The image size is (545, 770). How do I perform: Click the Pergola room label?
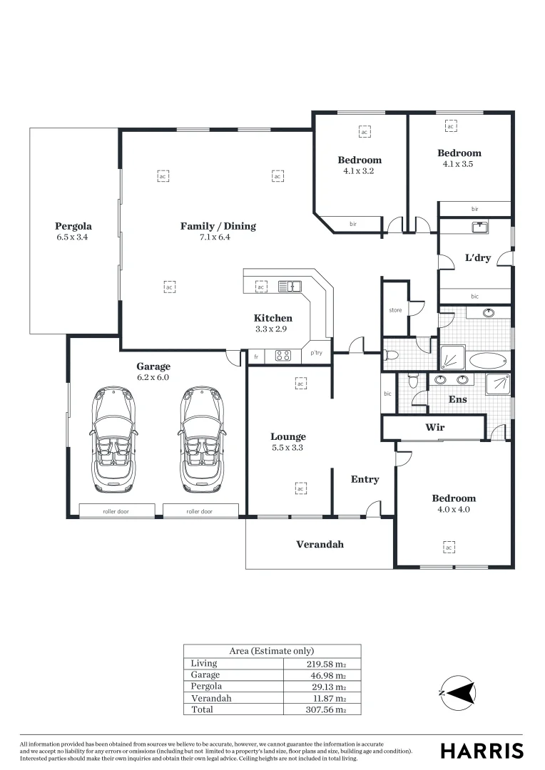click(x=74, y=227)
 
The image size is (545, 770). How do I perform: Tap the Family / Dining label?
click(x=218, y=227)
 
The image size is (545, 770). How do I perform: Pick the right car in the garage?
click(x=202, y=439)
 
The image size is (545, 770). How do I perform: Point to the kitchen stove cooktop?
click(x=282, y=356)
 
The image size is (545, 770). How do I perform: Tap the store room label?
click(x=395, y=310)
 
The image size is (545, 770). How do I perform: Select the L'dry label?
click(x=477, y=258)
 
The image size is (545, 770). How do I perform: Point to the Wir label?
click(x=435, y=428)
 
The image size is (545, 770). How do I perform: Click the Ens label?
click(x=457, y=400)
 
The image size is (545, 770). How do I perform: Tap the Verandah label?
click(x=320, y=545)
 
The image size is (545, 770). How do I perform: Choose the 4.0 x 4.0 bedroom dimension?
click(x=453, y=510)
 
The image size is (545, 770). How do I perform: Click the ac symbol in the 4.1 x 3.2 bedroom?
click(x=364, y=133)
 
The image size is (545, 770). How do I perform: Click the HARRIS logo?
click(x=482, y=750)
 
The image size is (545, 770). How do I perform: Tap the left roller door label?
click(x=116, y=511)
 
